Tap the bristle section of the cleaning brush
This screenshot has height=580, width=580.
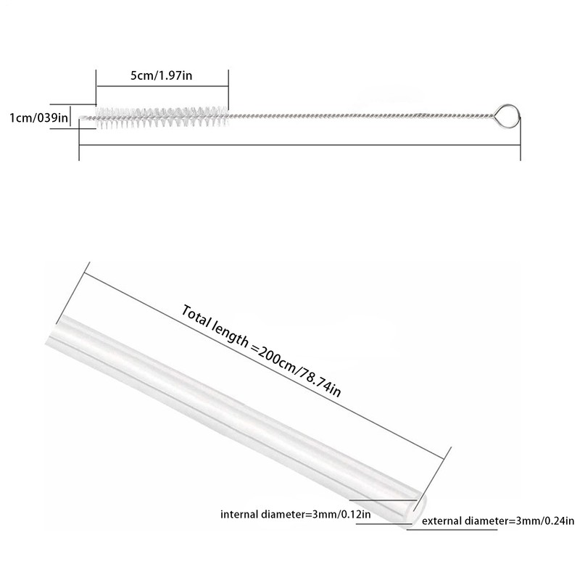(x=159, y=116)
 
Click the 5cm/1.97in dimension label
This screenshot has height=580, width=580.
(x=162, y=75)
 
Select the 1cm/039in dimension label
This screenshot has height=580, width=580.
(x=38, y=117)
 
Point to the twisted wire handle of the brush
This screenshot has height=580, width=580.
(x=362, y=116)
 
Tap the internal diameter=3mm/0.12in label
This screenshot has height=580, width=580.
(x=296, y=515)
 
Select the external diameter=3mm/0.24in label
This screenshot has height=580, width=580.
(x=497, y=520)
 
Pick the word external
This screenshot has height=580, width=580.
(x=442, y=520)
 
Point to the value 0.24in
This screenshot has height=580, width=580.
(x=558, y=520)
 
